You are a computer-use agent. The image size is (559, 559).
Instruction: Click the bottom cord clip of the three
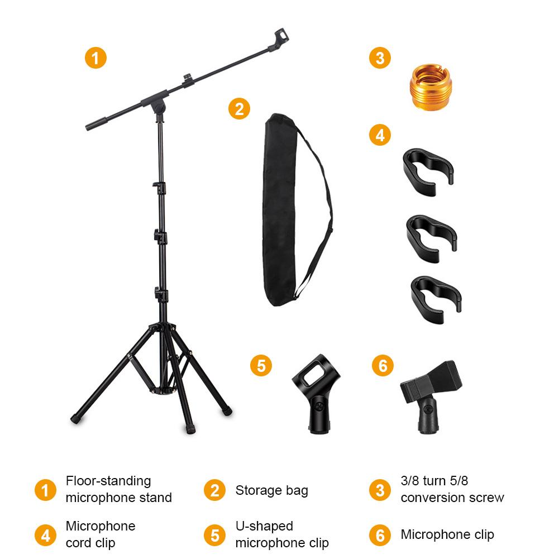pyautogui.click(x=434, y=296)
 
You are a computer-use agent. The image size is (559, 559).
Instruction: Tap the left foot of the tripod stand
pyautogui.click(x=77, y=417)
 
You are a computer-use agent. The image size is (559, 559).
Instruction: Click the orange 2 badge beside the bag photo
pyautogui.click(x=239, y=109)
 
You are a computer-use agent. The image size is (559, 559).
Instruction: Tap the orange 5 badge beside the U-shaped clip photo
pyautogui.click(x=261, y=366)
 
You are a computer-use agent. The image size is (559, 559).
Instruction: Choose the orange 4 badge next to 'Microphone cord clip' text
pyautogui.click(x=45, y=534)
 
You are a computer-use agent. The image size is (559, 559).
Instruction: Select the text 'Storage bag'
pyautogui.click(x=271, y=490)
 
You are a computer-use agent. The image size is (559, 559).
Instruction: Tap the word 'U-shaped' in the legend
pyautogui.click(x=264, y=526)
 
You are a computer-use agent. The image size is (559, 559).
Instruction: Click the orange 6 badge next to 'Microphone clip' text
pyautogui.click(x=380, y=534)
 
